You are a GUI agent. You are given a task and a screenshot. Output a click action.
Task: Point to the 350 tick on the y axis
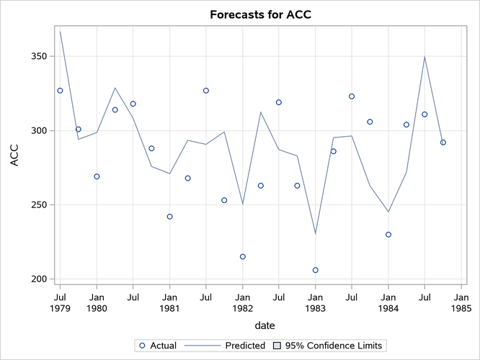[40, 56]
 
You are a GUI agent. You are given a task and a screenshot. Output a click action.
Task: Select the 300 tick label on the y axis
[40, 130]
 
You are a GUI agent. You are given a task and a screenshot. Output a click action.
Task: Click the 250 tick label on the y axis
[40, 204]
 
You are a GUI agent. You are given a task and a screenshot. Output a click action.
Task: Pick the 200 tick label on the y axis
[40, 279]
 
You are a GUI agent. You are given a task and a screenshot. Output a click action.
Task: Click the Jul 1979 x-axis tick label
[60, 302]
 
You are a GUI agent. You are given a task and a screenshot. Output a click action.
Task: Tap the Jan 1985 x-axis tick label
[461, 302]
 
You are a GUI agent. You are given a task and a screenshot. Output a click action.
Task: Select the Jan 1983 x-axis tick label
[316, 302]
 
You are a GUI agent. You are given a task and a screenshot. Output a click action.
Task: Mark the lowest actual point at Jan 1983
[316, 270]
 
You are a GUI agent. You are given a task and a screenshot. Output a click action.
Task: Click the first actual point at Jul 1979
[60, 91]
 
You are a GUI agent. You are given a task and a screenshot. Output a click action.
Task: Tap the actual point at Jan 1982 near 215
[243, 256]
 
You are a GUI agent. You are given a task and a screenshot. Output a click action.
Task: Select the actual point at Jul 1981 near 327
[206, 91]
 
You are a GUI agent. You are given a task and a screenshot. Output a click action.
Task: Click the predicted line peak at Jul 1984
[425, 56]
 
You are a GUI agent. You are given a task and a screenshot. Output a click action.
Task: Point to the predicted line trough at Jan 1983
[316, 233]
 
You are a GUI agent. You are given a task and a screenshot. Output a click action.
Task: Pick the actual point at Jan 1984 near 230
[388, 235]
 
